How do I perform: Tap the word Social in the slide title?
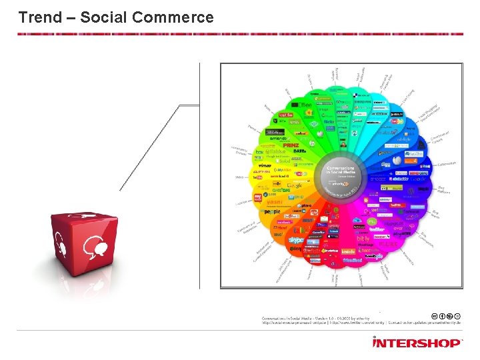(102, 17)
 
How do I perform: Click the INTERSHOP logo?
(417, 342)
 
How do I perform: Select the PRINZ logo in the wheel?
(291, 144)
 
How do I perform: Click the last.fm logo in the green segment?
(287, 115)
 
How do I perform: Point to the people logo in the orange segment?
(272, 211)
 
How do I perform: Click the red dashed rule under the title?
(240, 34)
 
